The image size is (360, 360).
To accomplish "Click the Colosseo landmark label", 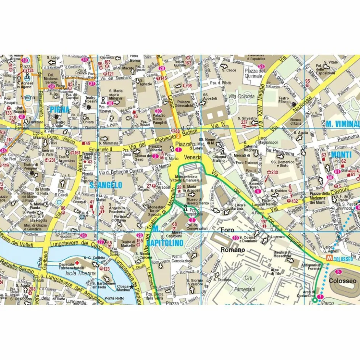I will point(342,281).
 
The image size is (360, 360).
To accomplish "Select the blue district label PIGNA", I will point(59,110).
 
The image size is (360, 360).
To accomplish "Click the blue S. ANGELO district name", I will point(106,185).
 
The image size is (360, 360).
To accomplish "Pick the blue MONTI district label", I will point(341,154).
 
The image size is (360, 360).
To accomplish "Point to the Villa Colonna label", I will point(241,96).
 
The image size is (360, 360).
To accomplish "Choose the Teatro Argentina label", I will point(66,159).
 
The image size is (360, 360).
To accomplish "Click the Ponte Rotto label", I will point(114,298).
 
